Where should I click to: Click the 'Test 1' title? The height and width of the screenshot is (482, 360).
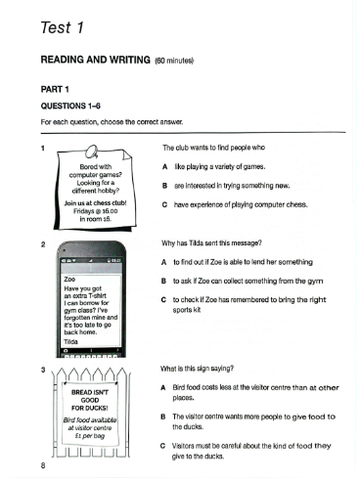point(63,27)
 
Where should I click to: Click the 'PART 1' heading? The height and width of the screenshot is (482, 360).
point(55,89)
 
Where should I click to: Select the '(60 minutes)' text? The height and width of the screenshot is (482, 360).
point(174,61)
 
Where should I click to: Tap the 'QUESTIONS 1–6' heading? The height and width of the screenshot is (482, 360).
point(70,106)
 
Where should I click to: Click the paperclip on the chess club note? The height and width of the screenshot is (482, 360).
point(92,152)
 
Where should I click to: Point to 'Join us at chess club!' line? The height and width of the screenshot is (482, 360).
point(95,203)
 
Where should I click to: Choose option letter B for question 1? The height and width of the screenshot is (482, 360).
point(165,186)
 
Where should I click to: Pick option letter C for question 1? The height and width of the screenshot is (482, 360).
point(165,204)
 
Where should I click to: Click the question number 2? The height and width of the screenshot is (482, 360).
point(43,244)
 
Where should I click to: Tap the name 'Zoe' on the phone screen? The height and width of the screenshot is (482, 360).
point(69,280)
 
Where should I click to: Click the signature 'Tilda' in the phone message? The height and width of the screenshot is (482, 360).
point(70,341)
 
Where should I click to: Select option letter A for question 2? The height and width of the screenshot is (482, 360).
point(164,262)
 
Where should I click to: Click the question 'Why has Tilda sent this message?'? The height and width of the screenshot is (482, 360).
point(211,243)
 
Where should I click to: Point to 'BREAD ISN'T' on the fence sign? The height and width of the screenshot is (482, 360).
point(90,392)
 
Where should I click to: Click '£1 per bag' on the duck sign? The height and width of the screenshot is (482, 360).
point(90,436)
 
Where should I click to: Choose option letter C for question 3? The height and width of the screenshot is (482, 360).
point(163,446)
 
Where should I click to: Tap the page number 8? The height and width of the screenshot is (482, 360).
point(43,465)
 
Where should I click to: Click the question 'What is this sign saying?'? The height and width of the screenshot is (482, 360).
point(197,369)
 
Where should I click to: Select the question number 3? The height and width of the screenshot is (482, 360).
point(43,370)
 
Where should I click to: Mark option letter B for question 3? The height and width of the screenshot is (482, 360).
point(163,416)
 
